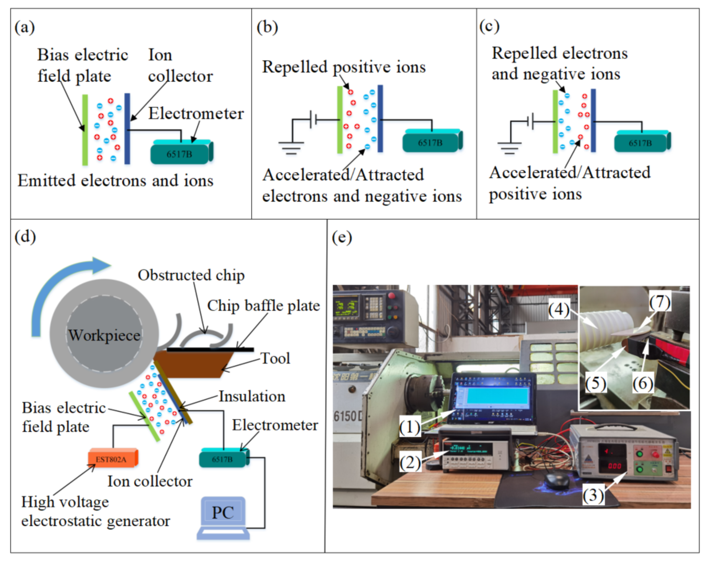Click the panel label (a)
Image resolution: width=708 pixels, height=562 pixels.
pyautogui.click(x=25, y=27)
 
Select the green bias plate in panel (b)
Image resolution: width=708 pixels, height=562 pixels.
pyautogui.click(x=340, y=120)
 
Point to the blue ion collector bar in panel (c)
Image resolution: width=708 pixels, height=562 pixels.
pyautogui.click(x=593, y=120)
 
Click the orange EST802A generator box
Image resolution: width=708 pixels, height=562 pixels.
pyautogui.click(x=112, y=459)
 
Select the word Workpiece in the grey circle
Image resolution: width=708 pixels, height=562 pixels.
pyautogui.click(x=104, y=335)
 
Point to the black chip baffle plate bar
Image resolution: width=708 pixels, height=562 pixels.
pyautogui.click(x=210, y=349)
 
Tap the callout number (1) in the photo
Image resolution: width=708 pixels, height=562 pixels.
pyautogui.click(x=410, y=427)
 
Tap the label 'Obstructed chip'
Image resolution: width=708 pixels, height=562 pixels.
pyautogui.click(x=191, y=275)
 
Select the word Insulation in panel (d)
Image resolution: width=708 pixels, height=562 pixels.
pyautogui.click(x=252, y=396)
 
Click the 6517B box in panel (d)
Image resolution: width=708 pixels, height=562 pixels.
pyautogui.click(x=222, y=459)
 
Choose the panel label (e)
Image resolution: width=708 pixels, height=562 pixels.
pyautogui.click(x=342, y=237)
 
